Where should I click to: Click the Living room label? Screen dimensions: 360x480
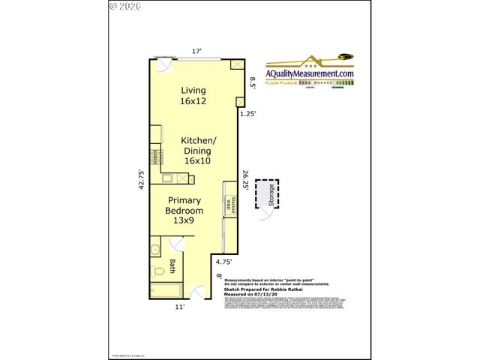pos(193,95)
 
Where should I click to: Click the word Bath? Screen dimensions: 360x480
pos(172,265)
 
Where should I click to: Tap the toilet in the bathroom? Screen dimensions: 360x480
pos(157,271)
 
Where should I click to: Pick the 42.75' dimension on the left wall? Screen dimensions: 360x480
pos(140,181)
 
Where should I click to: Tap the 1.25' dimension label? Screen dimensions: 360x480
pos(247,114)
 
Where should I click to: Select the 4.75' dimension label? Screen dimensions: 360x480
pos(223,262)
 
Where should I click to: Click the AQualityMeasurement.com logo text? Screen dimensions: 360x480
pos(308,73)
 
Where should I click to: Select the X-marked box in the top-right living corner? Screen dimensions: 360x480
pos(236,66)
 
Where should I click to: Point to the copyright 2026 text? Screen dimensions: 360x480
pos(125,6)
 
